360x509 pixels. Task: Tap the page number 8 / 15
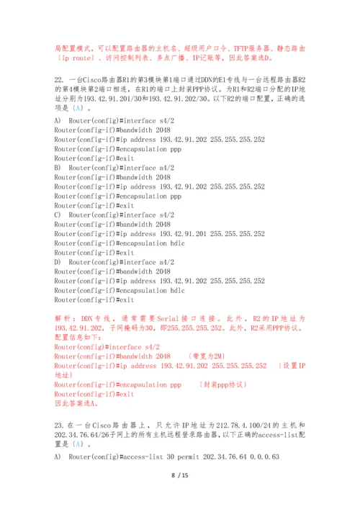[179, 476]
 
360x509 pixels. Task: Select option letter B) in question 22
[58, 168]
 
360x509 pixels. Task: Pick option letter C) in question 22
[58, 215]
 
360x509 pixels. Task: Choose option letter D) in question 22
[58, 262]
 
